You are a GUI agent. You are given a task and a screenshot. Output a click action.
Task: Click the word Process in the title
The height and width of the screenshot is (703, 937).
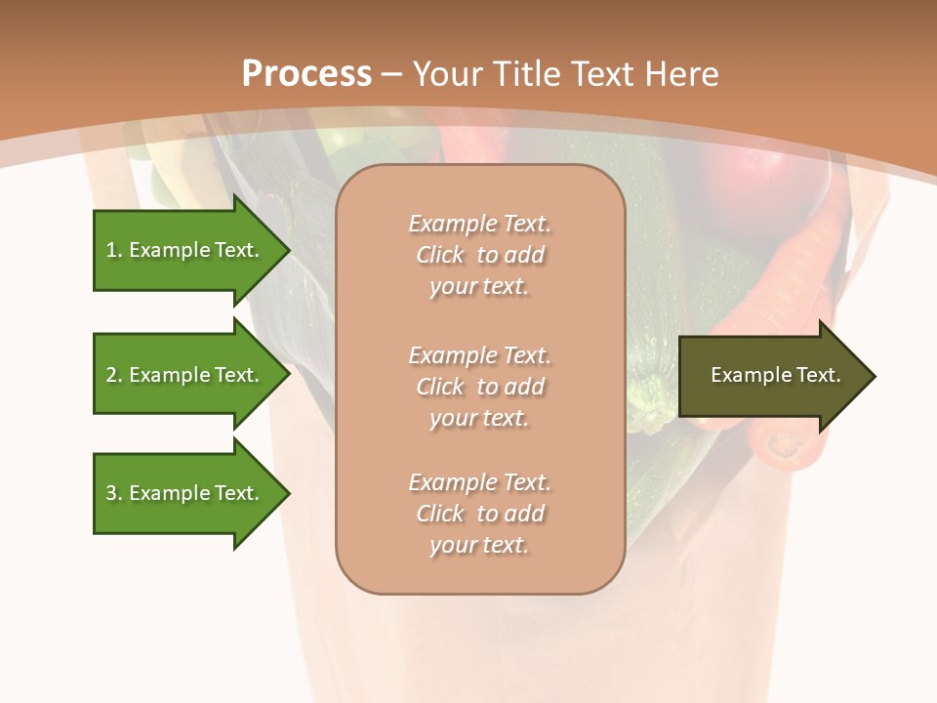[306, 74]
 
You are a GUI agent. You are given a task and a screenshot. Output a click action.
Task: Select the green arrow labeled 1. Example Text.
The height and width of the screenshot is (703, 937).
[185, 250]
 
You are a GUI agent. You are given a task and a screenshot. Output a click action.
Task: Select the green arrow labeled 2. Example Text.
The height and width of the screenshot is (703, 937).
[185, 375]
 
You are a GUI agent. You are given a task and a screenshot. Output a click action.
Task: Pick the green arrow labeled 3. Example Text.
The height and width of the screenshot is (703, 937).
[185, 493]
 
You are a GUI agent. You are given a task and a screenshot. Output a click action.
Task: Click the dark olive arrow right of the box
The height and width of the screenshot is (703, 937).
[771, 376]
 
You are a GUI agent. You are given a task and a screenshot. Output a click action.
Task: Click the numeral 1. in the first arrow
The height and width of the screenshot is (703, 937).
[114, 251]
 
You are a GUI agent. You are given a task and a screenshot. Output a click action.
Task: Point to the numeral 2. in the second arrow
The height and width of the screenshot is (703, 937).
[114, 376]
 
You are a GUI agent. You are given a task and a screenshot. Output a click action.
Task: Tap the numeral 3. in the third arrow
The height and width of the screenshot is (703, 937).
[114, 494]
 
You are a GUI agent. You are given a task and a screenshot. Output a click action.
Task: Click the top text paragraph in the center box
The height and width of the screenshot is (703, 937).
[479, 255]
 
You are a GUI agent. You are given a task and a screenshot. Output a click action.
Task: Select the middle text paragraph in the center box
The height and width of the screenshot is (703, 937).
[479, 387]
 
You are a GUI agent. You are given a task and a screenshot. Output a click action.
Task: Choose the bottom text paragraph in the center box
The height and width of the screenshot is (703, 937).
[479, 514]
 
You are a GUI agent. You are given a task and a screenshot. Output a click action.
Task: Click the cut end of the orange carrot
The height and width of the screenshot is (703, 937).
[785, 445]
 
